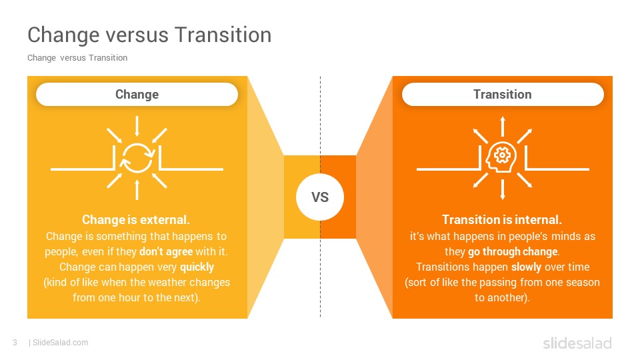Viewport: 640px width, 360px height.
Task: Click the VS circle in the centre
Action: pyautogui.click(x=320, y=197)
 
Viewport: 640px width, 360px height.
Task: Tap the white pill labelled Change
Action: pyautogui.click(x=137, y=94)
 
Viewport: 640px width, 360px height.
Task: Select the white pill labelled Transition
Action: pyautogui.click(x=503, y=94)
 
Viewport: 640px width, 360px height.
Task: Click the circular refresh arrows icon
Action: pyautogui.click(x=137, y=158)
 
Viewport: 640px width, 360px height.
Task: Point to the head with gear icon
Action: pyautogui.click(x=501, y=157)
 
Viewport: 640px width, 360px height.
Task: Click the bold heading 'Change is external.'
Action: pyautogui.click(x=136, y=219)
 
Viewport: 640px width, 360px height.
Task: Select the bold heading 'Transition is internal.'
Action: pyautogui.click(x=502, y=219)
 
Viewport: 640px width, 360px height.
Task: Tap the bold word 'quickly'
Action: pyautogui.click(x=197, y=267)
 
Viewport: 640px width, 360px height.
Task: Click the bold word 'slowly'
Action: pyautogui.click(x=527, y=267)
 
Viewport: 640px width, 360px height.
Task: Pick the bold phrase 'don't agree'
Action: pyautogui.click(x=166, y=251)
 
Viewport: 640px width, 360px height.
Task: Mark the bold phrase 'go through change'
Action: pyautogui.click(x=513, y=251)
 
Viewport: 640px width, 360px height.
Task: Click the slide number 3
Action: pyautogui.click(x=15, y=343)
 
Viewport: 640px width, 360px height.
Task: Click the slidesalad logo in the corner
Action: pyautogui.click(x=577, y=343)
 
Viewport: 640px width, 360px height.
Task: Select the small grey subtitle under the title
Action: pyautogui.click(x=77, y=58)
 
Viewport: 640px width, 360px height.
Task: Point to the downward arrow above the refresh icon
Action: pyautogui.click(x=137, y=126)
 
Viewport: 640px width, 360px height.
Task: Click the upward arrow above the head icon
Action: pyautogui.click(x=503, y=126)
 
